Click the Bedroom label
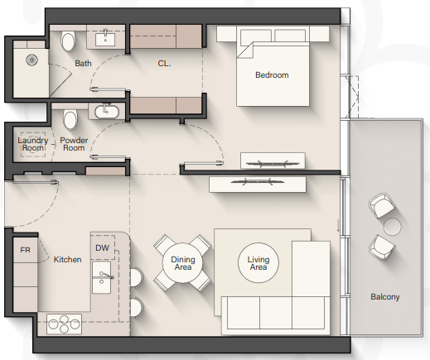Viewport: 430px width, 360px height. coord(272,75)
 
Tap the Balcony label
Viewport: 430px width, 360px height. coord(385,297)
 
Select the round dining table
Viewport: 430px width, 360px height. coord(182,262)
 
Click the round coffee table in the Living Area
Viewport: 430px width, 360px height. coord(258,262)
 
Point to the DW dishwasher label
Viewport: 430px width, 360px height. coord(102,247)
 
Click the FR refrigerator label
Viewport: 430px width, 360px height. coord(25,250)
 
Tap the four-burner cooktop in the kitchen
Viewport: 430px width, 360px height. coord(64,324)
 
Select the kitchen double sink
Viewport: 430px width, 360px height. coord(102,277)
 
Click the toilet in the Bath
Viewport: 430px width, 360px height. coord(68,41)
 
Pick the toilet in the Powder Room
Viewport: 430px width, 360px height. coord(70,120)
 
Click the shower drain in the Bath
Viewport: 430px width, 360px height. coord(32,60)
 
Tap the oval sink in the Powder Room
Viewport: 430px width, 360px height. coord(107,112)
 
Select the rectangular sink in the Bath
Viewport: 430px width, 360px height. coord(105,39)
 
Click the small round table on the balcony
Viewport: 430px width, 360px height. coord(392,227)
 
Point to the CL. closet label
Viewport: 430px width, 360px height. coord(164,64)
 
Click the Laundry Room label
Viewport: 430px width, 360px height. coord(33,144)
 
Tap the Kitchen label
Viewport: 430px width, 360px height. coord(67,260)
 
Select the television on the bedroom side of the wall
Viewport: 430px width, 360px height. coord(273,163)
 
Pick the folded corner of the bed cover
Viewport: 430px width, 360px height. coord(245,50)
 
